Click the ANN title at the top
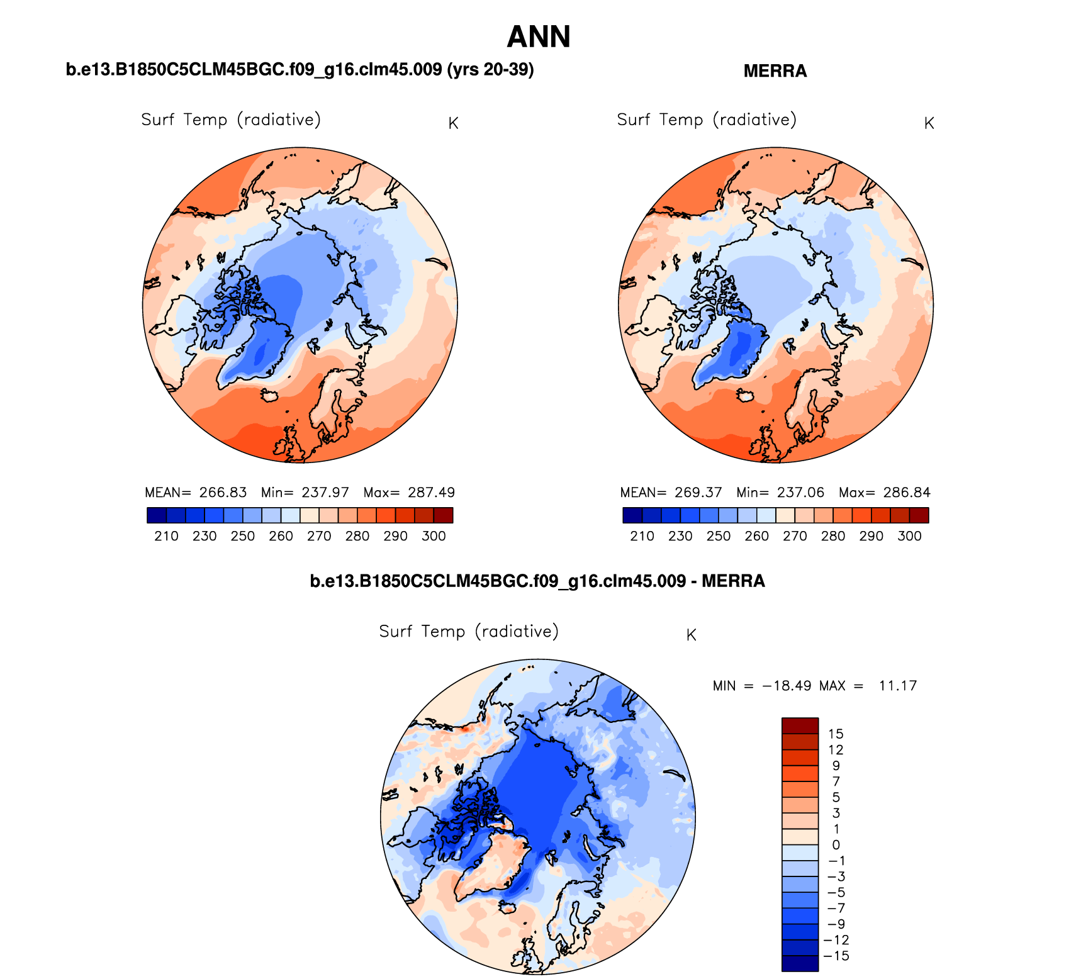pos(538,36)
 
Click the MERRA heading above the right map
pos(775,71)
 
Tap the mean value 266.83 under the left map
pos(223,493)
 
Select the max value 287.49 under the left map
pos(431,493)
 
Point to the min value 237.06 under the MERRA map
pos(800,493)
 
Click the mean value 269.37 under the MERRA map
pos(698,493)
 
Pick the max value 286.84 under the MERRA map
pos(907,493)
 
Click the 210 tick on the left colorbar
pos(166,536)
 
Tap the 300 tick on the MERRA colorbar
pos(909,536)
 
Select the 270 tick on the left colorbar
pos(319,536)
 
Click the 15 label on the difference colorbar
pos(836,734)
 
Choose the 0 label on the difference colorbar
pos(836,845)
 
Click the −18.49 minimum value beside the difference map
pos(786,686)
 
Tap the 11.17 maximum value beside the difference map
pos(897,686)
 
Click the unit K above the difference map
pos(691,635)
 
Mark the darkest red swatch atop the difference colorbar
pos(800,725)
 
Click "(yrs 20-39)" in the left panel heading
pos(490,69)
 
